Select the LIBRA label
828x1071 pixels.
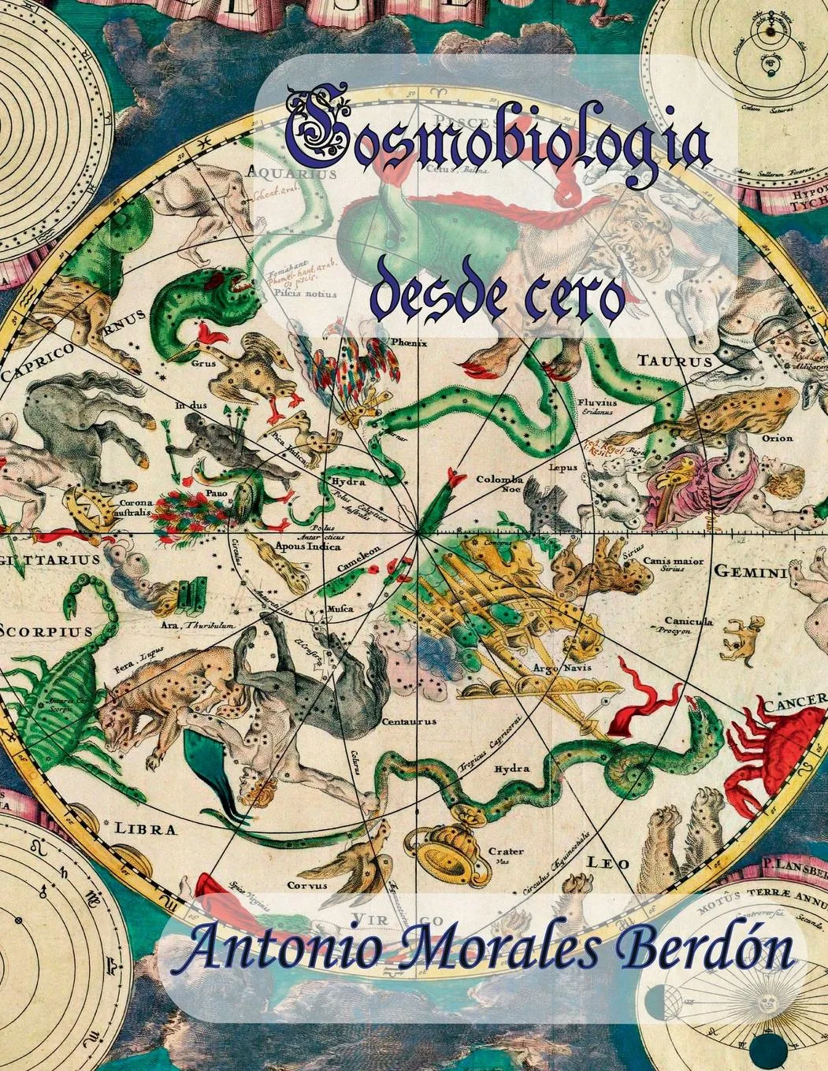(x=146, y=828)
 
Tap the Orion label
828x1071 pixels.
(x=777, y=438)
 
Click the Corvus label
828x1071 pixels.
(x=306, y=885)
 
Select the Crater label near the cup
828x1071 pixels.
(x=506, y=851)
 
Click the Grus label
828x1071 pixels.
(x=202, y=364)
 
